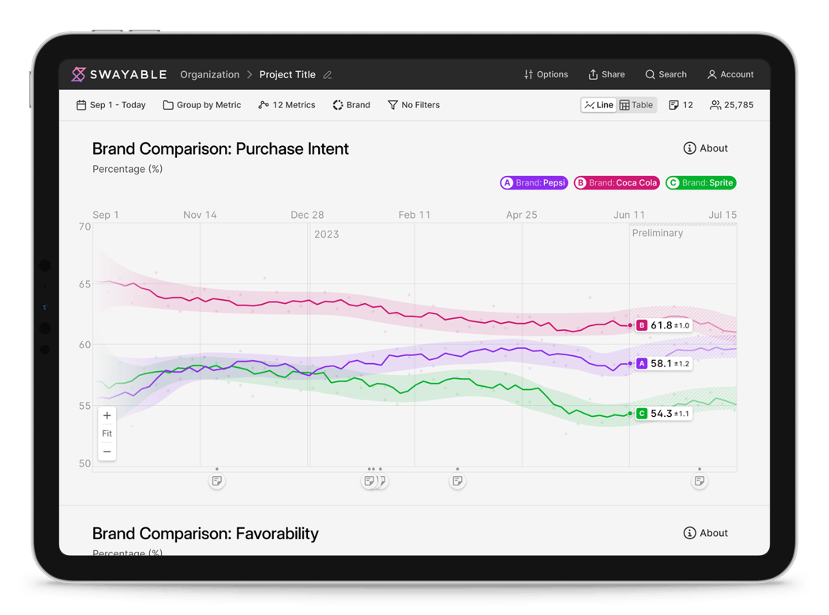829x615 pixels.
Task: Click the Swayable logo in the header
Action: tap(118, 74)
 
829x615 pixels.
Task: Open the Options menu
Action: tap(546, 74)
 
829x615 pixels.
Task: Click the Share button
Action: tap(606, 74)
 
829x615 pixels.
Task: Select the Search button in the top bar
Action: tap(666, 74)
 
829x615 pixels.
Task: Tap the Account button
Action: tap(730, 74)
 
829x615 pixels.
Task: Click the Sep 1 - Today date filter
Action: tap(111, 105)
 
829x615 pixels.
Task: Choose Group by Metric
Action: tap(202, 105)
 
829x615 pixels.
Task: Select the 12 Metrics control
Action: tap(287, 105)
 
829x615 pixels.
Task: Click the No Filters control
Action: tap(414, 105)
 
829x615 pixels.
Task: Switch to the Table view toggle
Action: tap(636, 105)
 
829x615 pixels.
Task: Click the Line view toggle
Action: tap(598, 105)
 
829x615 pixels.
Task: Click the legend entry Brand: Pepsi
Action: tap(534, 182)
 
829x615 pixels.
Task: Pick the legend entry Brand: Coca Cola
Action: tap(617, 182)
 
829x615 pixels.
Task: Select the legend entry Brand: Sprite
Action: tap(701, 182)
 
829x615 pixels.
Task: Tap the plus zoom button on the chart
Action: tap(107, 416)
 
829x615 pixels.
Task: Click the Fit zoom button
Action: tap(107, 433)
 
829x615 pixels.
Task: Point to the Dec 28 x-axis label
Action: tap(307, 215)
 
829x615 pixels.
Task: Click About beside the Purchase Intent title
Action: tap(705, 148)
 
